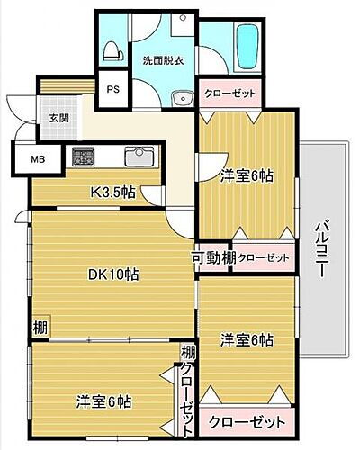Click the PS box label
[113, 89]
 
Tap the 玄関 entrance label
[58, 118]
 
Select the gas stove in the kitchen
[85, 156]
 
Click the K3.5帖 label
[112, 192]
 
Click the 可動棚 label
[212, 258]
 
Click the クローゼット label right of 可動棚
[265, 258]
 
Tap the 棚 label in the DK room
[40, 326]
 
